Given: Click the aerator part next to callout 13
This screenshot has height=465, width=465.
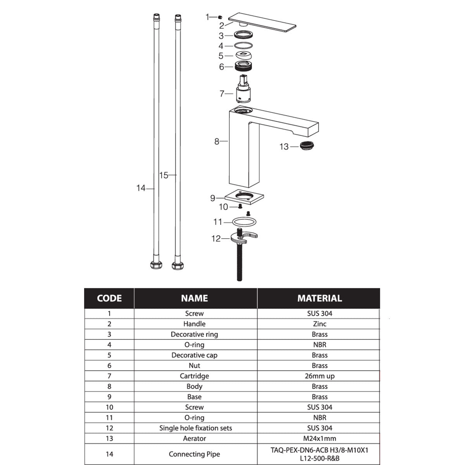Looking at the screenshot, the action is coord(307,146).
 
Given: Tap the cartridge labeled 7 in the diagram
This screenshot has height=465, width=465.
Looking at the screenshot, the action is coord(243,89).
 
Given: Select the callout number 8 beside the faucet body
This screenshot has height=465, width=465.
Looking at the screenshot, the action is coord(217,141).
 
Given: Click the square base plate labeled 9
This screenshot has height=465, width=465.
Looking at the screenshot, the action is coord(244,197).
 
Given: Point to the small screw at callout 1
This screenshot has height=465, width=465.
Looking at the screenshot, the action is coord(220,17).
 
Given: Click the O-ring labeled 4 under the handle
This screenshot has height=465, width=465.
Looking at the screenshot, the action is coord(243,45).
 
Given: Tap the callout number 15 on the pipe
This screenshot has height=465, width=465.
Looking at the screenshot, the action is coord(164,175).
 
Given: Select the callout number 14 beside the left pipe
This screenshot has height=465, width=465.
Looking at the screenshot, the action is coord(141,188).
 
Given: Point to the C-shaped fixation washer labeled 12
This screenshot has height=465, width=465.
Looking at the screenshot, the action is coord(244,238).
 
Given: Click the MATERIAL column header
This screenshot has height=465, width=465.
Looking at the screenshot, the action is coord(319,298).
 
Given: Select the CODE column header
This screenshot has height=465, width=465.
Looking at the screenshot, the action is coord(109,298).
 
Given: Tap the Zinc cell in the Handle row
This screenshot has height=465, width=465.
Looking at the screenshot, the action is coord(319,324).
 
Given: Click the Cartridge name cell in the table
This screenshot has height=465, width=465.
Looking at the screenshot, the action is coord(194,376).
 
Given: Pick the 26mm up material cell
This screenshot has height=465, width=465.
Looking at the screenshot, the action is coord(319,376).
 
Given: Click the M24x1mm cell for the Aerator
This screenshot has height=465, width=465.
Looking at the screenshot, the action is coord(319,438).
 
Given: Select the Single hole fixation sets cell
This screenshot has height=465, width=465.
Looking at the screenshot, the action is coord(195,428).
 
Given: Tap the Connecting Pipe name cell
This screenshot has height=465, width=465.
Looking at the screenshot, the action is coord(194,454).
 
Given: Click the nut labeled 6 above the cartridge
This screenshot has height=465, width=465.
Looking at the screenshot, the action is coord(243,66).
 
